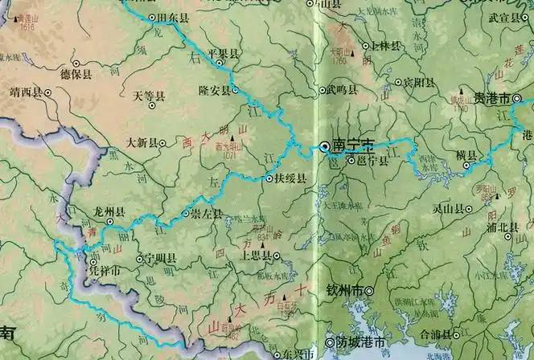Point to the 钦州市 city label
(x=345, y=290)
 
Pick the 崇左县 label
(x=207, y=215)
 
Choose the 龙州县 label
(x=109, y=212)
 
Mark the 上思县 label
(x=256, y=256)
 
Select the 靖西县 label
(x=25, y=92)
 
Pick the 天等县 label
(x=149, y=96)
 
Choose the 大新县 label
(x=142, y=143)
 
